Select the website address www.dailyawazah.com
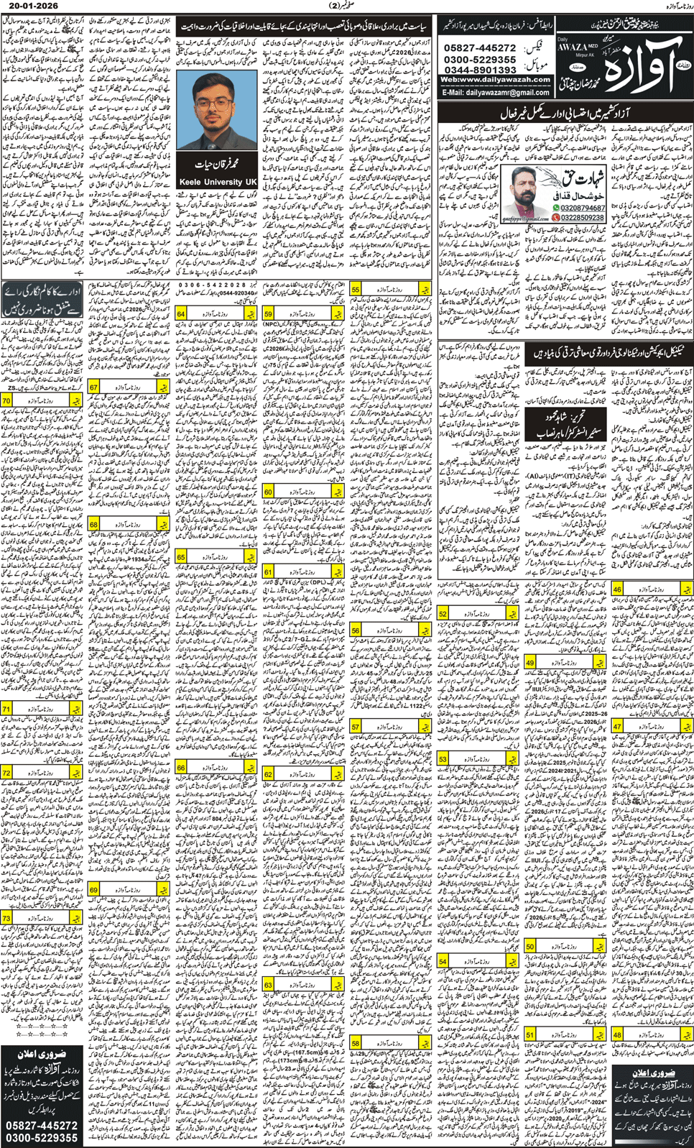click(x=495, y=80)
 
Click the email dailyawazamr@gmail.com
click(x=496, y=93)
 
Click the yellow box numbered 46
click(x=617, y=589)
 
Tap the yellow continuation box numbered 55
click(x=356, y=289)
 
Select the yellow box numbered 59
click(x=268, y=314)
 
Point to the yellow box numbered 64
click(x=181, y=314)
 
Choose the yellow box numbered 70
click(x=6, y=400)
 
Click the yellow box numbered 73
click(x=6, y=918)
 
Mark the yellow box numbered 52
click(x=443, y=613)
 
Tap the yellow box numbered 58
click(x=356, y=1043)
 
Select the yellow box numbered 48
click(x=617, y=1035)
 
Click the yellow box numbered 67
click(x=93, y=387)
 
